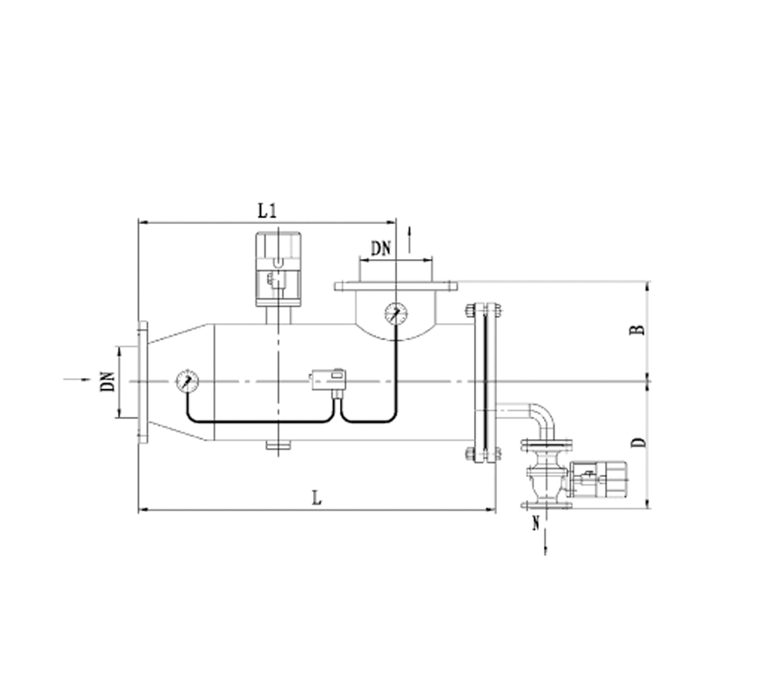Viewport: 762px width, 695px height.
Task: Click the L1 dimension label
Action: [267, 211]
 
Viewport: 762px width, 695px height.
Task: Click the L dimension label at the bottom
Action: [316, 498]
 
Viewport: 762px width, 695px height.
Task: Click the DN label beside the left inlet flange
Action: [108, 382]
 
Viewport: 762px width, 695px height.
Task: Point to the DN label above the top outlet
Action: [380, 248]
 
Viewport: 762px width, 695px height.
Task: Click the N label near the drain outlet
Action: [536, 523]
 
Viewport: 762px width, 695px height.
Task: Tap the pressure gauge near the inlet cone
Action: [187, 382]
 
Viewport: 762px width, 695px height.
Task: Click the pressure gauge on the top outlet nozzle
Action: [396, 313]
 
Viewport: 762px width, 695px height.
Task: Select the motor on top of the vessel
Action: [278, 269]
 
